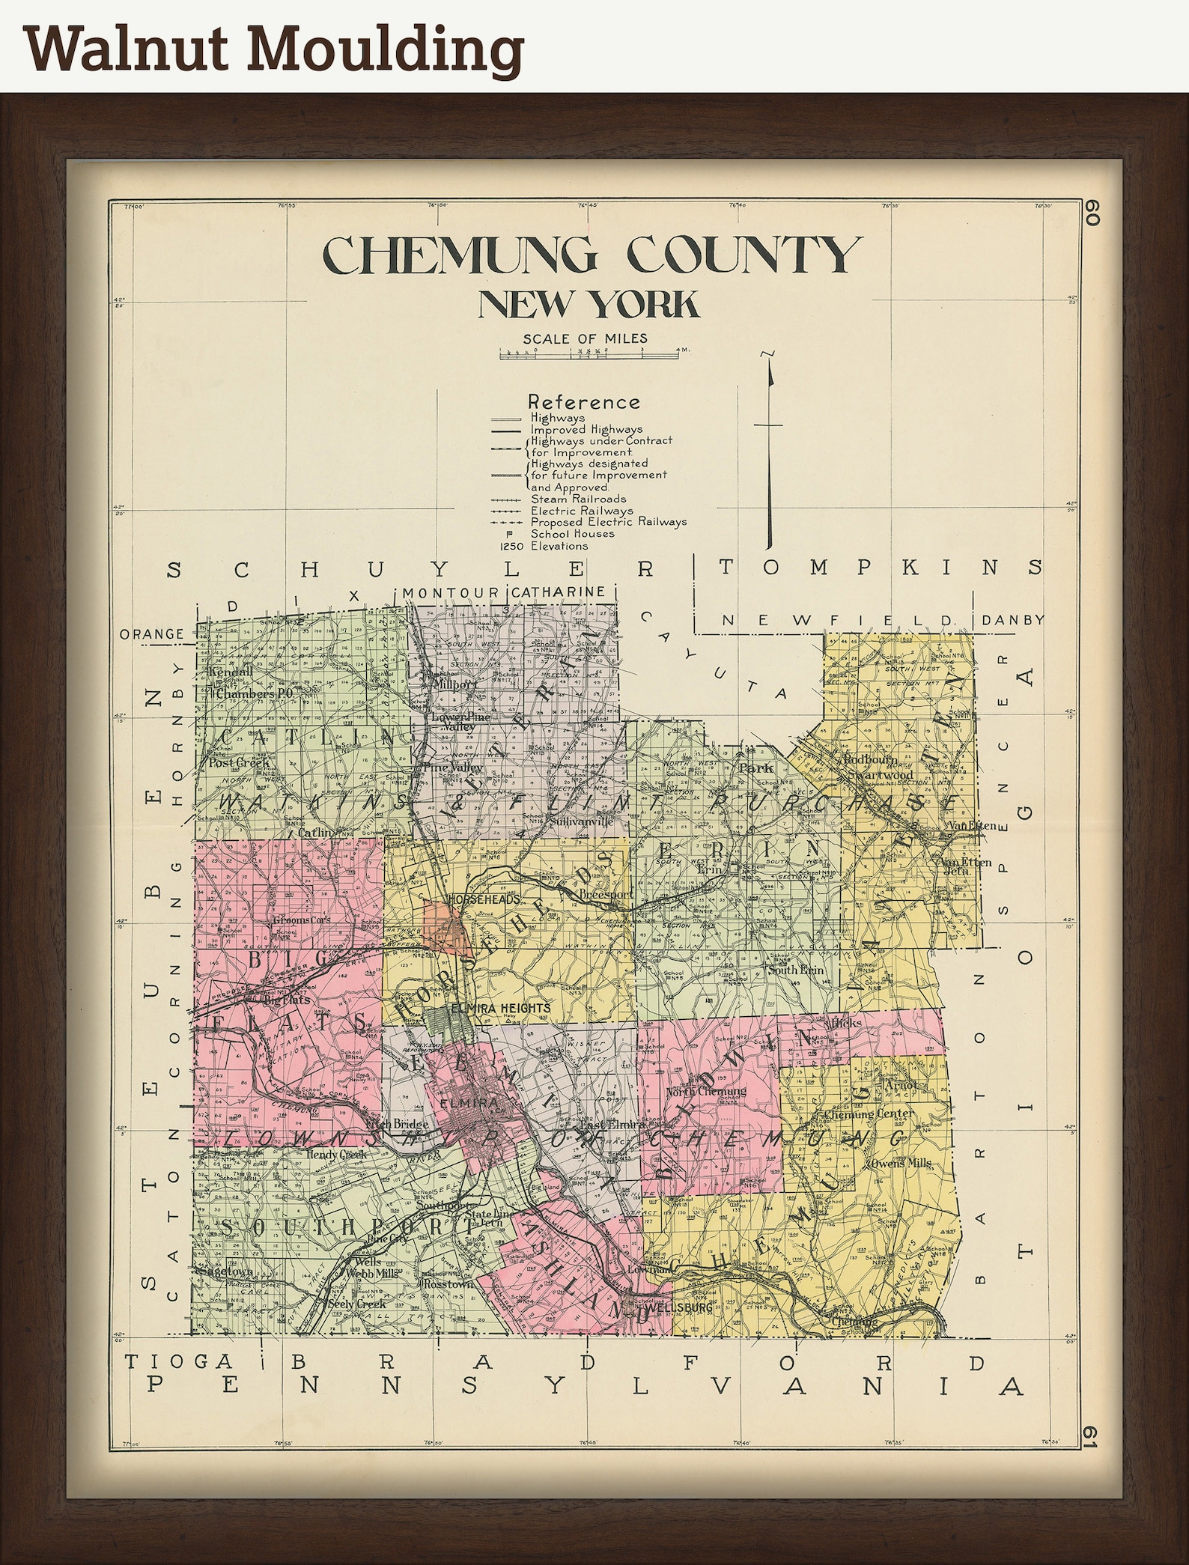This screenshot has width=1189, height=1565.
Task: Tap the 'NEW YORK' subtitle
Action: pos(589,305)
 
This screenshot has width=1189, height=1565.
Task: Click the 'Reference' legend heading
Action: pos(584,402)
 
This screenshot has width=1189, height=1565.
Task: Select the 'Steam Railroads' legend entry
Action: pos(578,499)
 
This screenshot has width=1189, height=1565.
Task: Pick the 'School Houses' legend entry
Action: pos(572,534)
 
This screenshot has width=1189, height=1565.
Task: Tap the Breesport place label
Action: pos(612,894)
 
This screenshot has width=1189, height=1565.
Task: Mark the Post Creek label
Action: pos(229,762)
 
